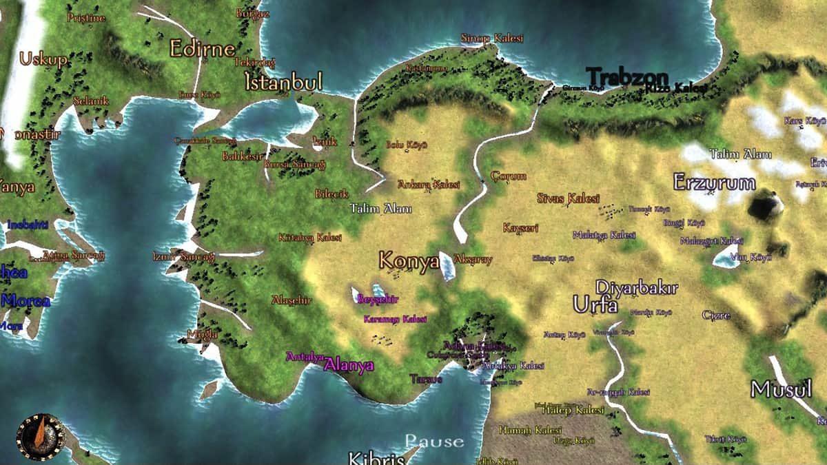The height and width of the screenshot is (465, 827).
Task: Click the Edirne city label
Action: (202, 48)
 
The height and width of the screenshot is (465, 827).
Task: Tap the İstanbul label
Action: (283, 83)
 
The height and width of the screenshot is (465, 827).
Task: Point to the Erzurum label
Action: (714, 183)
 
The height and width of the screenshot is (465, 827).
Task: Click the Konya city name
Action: (409, 261)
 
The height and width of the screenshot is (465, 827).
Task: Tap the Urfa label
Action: (595, 304)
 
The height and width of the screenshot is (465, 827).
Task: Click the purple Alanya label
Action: (349, 365)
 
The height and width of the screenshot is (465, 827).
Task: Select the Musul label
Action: (781, 389)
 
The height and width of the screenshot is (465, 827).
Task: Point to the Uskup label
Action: (43, 59)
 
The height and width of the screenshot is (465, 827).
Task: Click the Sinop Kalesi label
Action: (492, 38)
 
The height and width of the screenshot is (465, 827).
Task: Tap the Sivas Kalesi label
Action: (568, 198)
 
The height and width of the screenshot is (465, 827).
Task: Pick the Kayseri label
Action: (520, 228)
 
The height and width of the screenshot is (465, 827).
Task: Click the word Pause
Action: (434, 441)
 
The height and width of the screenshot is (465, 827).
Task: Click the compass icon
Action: (39, 435)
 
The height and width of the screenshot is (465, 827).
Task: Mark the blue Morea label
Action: (25, 301)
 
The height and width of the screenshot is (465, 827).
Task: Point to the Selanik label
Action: (91, 101)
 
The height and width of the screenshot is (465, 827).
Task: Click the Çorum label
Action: (509, 176)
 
